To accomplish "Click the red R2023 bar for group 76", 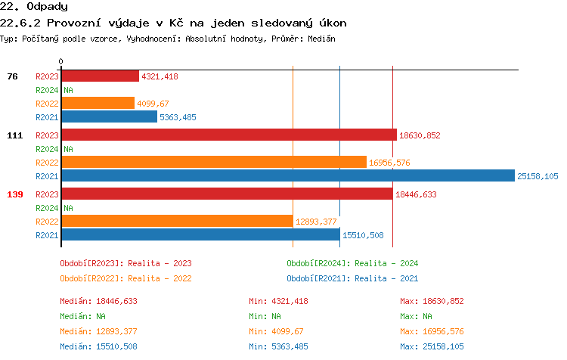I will (x=100, y=76).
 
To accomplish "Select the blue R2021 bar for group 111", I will (x=287, y=176).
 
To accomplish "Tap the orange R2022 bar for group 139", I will (x=177, y=221).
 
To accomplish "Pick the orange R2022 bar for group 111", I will (x=214, y=163).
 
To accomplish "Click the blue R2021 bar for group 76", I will (x=109, y=117).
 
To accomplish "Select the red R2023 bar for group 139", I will (x=227, y=194).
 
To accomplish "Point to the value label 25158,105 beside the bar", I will (x=538, y=176).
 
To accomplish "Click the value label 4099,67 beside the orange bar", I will (x=153, y=104).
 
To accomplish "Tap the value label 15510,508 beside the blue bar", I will (x=363, y=235).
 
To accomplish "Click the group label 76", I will (x=12, y=76).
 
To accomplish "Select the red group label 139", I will (x=15, y=194).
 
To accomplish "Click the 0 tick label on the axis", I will (x=61, y=61).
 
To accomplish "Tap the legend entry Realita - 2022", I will (x=125, y=278).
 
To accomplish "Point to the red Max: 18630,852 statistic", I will (x=431, y=301).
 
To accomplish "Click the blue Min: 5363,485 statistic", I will (x=280, y=346).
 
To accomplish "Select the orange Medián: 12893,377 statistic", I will (x=98, y=331).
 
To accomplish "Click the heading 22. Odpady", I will (x=34, y=7).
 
